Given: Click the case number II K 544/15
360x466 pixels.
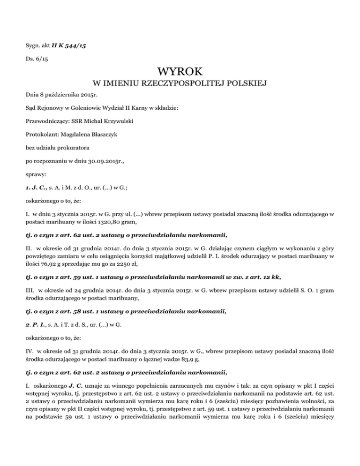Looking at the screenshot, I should click(x=71, y=46).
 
